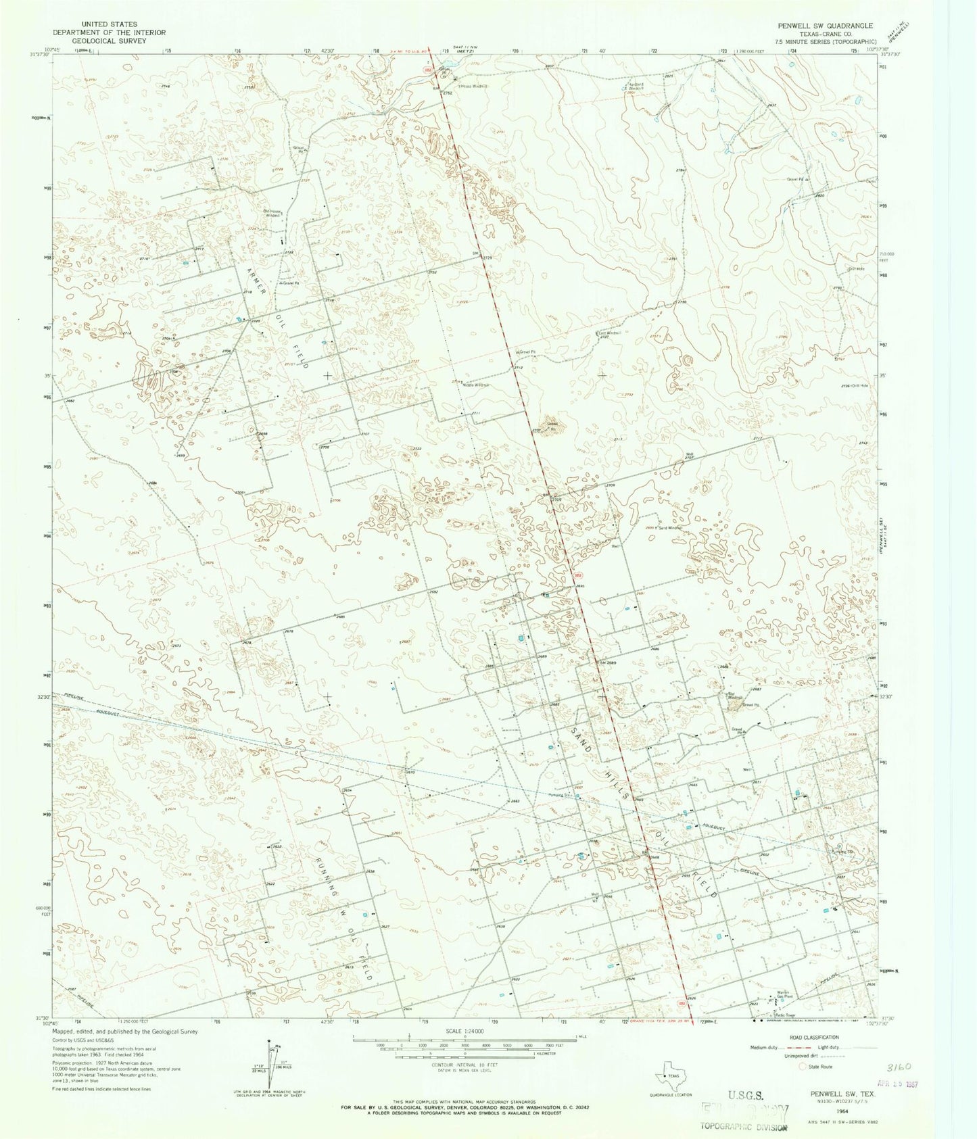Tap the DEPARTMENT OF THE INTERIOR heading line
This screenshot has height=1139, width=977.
(x=110, y=32)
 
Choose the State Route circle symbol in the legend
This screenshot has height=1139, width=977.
(x=803, y=1067)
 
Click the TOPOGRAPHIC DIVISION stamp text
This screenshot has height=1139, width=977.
(x=743, y=1126)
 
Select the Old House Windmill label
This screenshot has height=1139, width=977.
(x=272, y=213)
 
